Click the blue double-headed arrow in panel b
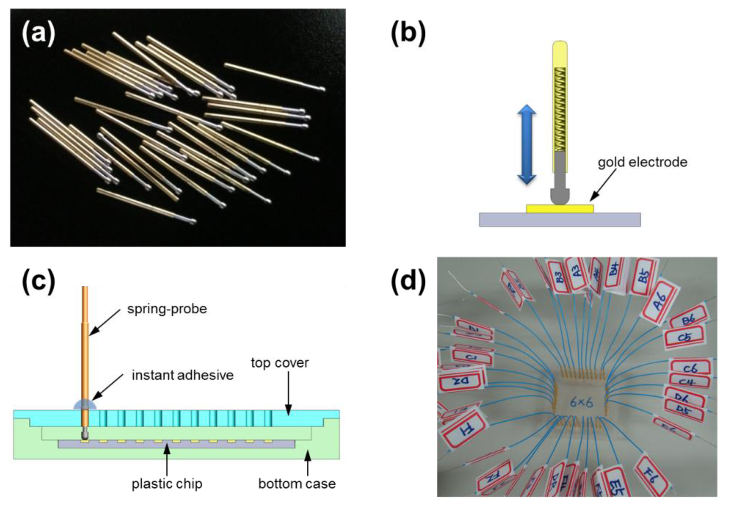coord(526,144)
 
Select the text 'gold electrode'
coord(642,162)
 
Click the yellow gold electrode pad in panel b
coord(559,209)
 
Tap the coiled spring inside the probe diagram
coord(560,110)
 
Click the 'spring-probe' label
coord(167,309)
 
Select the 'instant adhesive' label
coord(182,375)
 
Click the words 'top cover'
coord(280,363)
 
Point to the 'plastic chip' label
coord(167,484)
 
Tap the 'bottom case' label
coord(297,484)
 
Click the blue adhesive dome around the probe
coord(85,405)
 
